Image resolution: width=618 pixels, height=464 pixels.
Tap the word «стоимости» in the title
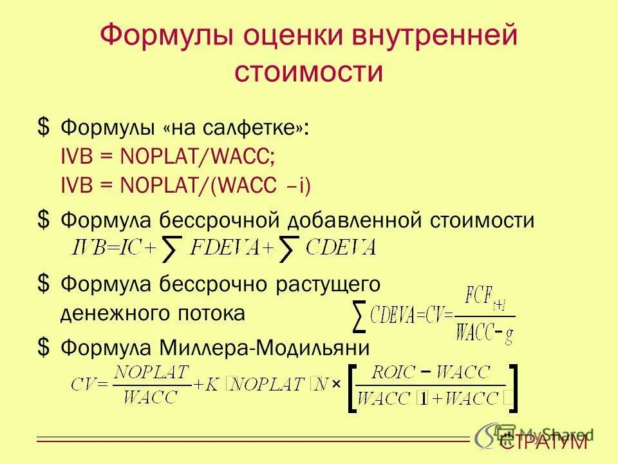coord(308,71)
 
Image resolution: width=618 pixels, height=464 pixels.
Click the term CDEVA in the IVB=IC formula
coord(341,247)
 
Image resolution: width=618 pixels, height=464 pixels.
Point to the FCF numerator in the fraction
coord(480,299)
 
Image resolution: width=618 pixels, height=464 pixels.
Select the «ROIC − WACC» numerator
coord(431,372)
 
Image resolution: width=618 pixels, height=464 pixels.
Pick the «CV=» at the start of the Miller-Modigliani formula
coord(89,385)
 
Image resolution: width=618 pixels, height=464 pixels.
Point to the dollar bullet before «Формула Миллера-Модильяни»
coord(43,347)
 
